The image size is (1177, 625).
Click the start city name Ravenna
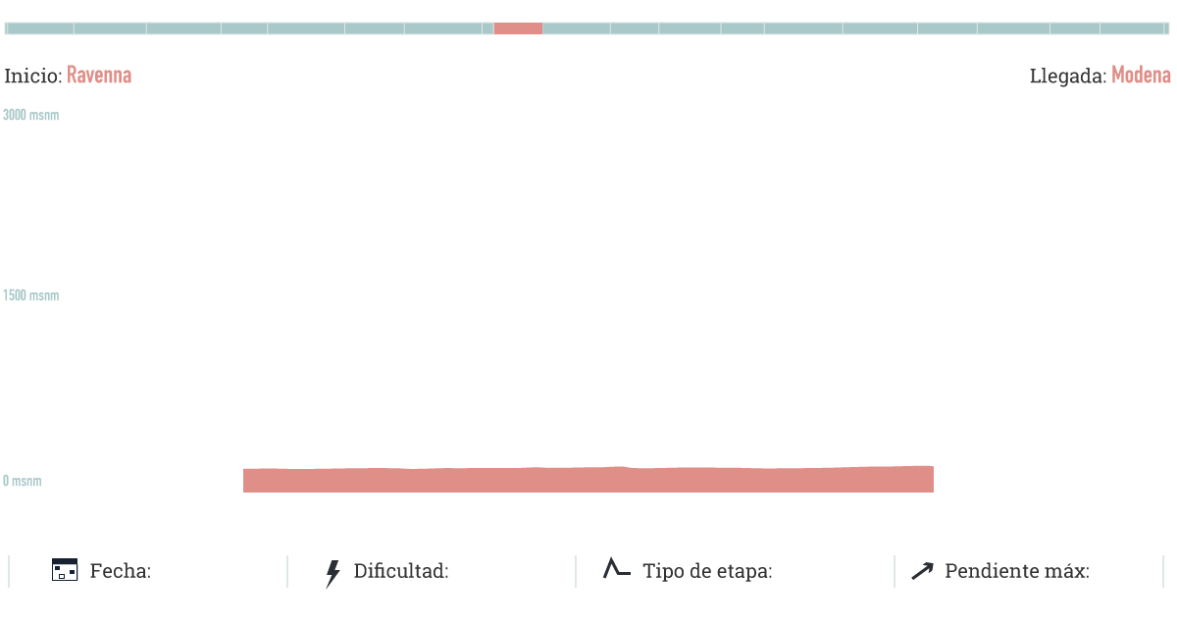point(99,76)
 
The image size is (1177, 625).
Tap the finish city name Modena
point(1141,76)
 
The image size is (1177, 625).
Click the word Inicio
point(33,76)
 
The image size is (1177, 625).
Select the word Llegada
point(1068,76)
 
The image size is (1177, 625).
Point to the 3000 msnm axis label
point(30,115)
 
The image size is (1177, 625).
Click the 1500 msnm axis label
point(30,295)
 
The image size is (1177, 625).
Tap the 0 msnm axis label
point(22,481)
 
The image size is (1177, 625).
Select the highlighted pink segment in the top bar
point(518,28)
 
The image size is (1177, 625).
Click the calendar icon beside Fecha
point(65,570)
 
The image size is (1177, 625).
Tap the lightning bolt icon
point(333,573)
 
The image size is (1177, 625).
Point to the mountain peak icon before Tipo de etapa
point(616,568)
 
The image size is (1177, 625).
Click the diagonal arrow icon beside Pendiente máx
point(922,571)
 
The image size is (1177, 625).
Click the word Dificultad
point(401,571)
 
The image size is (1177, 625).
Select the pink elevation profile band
point(588,480)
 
